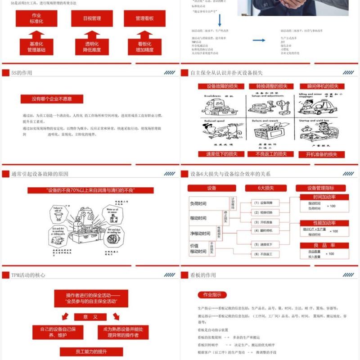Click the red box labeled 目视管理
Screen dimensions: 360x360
tap(92, 18)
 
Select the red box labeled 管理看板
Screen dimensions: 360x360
tap(144, 18)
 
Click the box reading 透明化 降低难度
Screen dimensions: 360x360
tap(92, 47)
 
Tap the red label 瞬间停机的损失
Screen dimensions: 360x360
tap(322, 86)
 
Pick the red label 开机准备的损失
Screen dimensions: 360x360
tap(322, 154)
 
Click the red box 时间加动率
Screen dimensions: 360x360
tap(324, 197)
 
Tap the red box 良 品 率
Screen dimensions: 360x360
tap(324, 245)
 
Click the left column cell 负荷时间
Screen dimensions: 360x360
tap(198, 204)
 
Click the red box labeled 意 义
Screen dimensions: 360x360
tap(90, 317)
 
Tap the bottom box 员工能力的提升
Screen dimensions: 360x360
tap(90, 351)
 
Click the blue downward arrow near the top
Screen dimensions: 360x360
tap(220, 20)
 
